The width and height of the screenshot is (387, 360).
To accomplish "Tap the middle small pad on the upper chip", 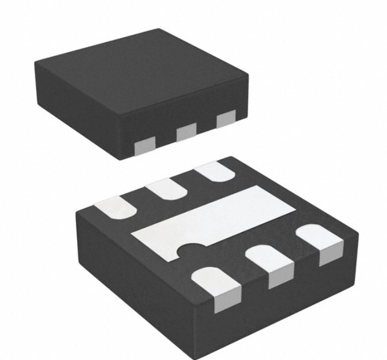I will [186, 131].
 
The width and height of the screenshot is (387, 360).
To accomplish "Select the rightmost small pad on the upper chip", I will [226, 119].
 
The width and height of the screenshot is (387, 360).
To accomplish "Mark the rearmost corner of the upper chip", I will [158, 29].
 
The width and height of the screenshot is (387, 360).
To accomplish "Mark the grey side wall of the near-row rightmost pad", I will [332, 255].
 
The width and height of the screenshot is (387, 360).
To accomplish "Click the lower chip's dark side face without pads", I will [136, 282].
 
